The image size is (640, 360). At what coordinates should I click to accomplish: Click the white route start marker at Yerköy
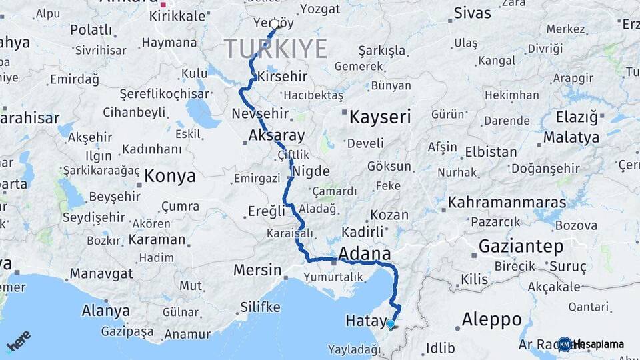[274, 24]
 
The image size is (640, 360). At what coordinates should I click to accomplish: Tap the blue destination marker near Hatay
[390, 325]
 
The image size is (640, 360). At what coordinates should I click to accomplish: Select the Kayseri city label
[380, 117]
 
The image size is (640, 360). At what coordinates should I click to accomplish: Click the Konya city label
[170, 176]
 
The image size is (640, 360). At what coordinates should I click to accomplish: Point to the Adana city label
[365, 253]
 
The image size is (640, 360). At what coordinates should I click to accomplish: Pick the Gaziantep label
[521, 246]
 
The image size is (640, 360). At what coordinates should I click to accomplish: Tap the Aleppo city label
[491, 319]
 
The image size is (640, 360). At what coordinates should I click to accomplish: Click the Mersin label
[257, 270]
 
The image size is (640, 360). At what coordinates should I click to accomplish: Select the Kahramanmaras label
[507, 202]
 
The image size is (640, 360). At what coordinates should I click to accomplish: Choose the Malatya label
[571, 138]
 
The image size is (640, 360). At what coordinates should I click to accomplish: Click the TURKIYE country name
[275, 49]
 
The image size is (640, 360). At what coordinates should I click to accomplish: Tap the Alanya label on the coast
[105, 311]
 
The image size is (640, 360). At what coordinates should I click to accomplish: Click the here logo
[18, 341]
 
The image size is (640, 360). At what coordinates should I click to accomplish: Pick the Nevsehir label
[260, 113]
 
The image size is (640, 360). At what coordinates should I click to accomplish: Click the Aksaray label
[277, 136]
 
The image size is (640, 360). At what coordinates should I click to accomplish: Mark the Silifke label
[260, 307]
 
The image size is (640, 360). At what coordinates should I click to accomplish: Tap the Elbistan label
[491, 151]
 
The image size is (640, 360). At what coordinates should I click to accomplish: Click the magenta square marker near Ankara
[163, 4]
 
